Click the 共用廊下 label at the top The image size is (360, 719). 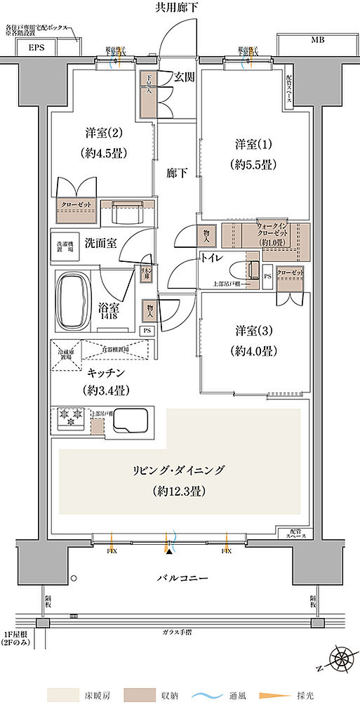180,8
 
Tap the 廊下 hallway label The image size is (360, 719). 177,173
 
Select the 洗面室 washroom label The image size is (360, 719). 100,243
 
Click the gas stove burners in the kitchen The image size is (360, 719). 70,420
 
